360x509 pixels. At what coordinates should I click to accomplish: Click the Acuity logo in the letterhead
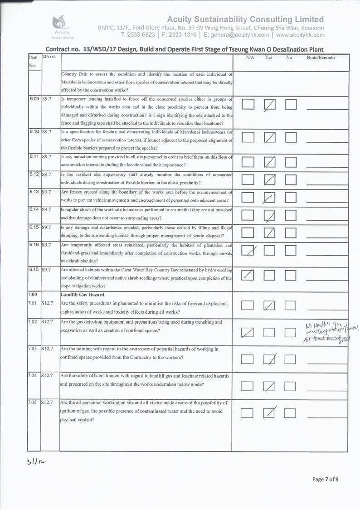tap(61, 25)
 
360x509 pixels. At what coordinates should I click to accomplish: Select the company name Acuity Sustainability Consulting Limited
tap(245, 19)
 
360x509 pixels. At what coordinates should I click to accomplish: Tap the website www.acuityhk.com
tap(300, 35)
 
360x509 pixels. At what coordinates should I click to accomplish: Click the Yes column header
tap(269, 58)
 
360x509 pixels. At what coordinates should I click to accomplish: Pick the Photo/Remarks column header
tap(321, 58)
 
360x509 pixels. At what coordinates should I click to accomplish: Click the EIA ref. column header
tap(49, 58)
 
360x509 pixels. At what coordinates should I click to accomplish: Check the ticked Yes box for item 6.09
tap(270, 105)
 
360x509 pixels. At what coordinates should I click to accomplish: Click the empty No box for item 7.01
tap(290, 306)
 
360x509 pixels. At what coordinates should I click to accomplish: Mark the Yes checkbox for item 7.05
tap(270, 412)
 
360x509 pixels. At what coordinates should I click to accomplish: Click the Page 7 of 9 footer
tap(325, 480)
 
